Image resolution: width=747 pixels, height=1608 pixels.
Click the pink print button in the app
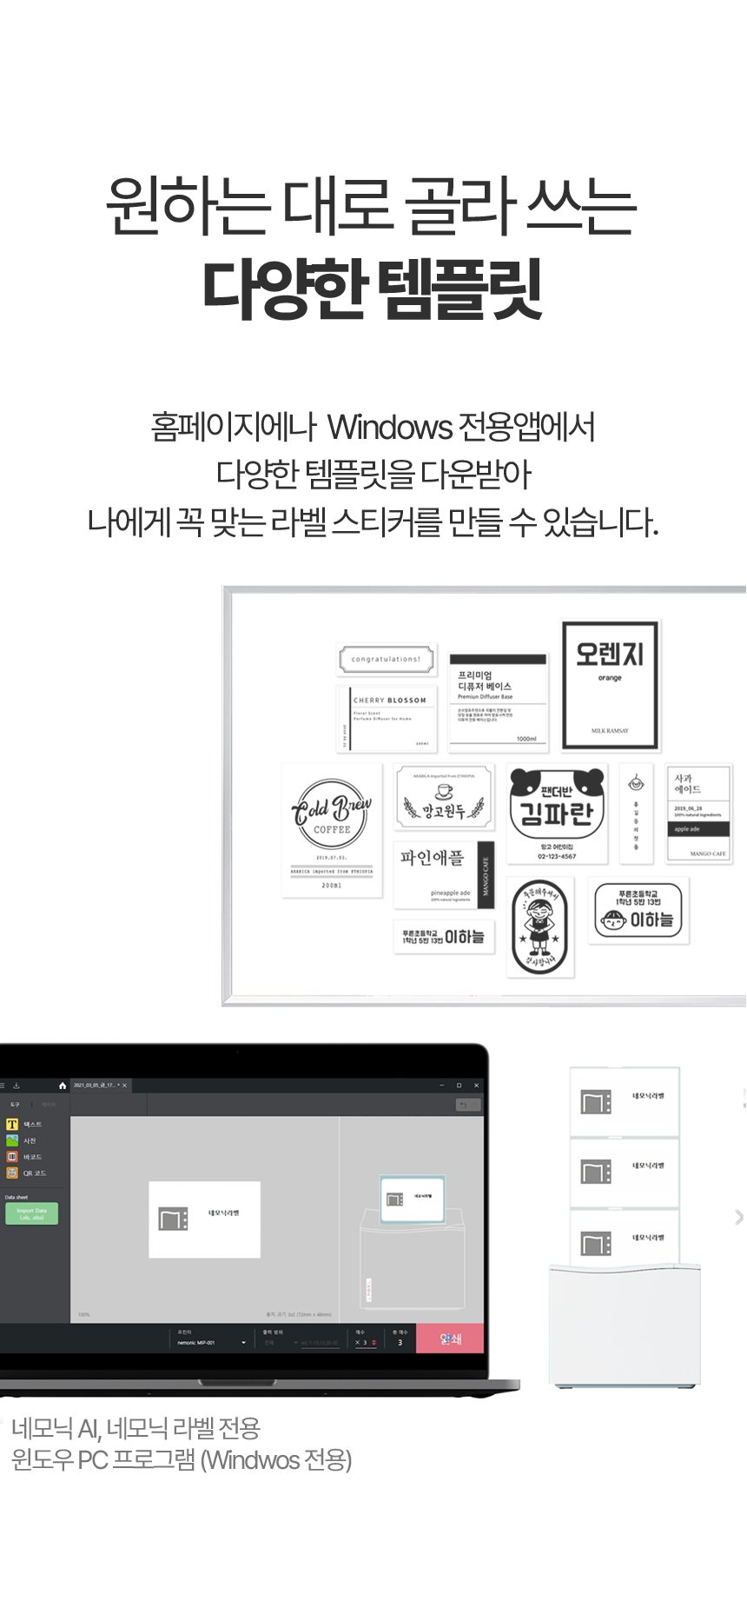[450, 1339]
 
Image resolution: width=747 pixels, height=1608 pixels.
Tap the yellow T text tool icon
[12, 1125]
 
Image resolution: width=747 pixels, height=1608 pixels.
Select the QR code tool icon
[12, 1173]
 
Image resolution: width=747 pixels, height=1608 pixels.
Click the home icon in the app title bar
[63, 1086]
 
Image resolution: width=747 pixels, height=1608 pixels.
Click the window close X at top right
[476, 1086]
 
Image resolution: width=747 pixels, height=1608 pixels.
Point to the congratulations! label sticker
[387, 660]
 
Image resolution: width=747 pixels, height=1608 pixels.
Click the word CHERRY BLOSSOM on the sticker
[390, 701]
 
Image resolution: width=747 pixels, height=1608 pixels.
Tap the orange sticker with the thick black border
[610, 685]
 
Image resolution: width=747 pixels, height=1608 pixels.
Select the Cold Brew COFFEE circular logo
[332, 814]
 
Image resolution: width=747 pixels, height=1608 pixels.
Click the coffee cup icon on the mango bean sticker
[444, 791]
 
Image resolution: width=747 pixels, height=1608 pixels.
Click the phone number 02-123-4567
[557, 856]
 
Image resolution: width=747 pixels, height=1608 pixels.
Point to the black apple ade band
[697, 829]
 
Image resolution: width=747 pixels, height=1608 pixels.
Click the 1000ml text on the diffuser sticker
[526, 739]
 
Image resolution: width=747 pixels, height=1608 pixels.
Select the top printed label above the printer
[624, 1101]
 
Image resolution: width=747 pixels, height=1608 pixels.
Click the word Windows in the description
[390, 429]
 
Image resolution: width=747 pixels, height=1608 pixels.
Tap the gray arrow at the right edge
[738, 1217]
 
